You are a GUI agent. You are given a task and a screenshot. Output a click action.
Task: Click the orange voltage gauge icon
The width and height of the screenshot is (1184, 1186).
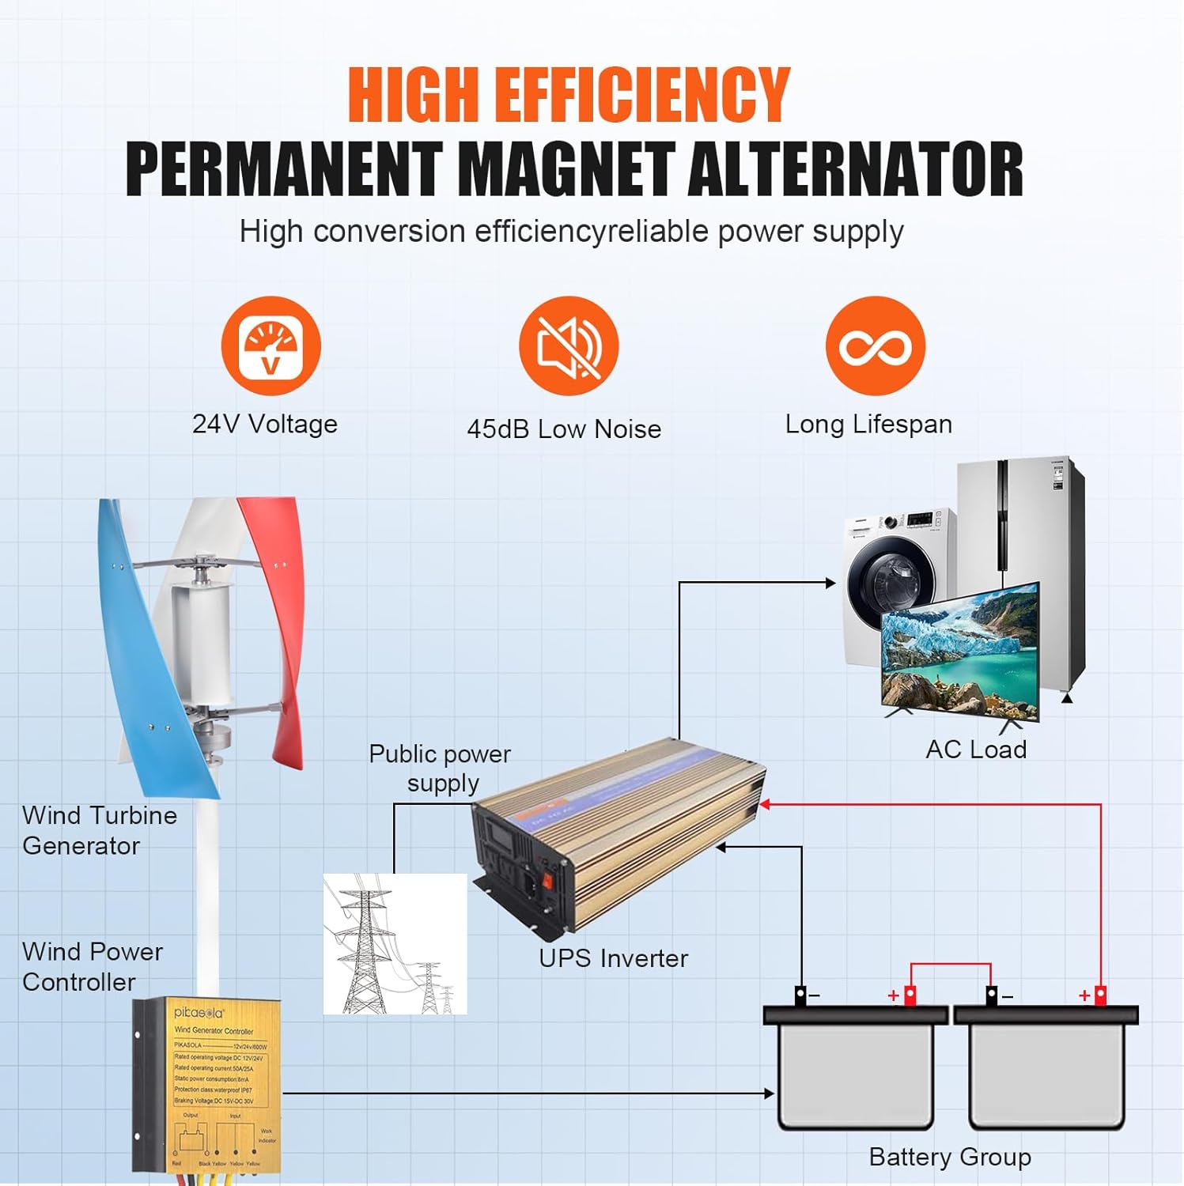pyautogui.click(x=270, y=346)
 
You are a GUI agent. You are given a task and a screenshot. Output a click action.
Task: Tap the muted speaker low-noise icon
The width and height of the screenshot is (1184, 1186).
pyautogui.click(x=569, y=346)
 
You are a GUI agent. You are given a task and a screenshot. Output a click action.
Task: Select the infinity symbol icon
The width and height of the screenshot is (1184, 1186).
pyautogui.click(x=875, y=346)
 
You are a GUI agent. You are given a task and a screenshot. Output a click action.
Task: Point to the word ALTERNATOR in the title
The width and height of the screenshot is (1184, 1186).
pyautogui.click(x=856, y=170)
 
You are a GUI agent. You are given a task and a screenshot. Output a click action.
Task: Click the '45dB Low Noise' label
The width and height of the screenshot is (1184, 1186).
pyautogui.click(x=564, y=429)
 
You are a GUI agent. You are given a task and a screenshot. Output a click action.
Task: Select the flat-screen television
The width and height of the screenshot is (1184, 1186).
pyautogui.click(x=959, y=652)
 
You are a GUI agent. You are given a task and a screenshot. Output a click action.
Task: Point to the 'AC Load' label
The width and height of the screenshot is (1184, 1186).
pyautogui.click(x=976, y=750)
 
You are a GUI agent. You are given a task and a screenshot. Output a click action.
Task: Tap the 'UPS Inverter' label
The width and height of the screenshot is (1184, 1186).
pyautogui.click(x=613, y=958)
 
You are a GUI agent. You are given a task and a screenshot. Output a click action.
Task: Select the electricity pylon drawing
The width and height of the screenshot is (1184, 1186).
pyautogui.click(x=394, y=944)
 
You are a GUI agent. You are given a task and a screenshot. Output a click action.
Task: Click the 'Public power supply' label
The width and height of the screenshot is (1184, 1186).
pyautogui.click(x=440, y=768)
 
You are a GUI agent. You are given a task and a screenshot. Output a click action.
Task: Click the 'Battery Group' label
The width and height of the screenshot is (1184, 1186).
pyautogui.click(x=949, y=1157)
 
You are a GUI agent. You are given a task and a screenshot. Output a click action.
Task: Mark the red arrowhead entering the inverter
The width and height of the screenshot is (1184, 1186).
pyautogui.click(x=764, y=805)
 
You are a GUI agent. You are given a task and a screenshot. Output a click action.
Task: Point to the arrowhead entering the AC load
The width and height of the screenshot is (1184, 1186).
pyautogui.click(x=830, y=584)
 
